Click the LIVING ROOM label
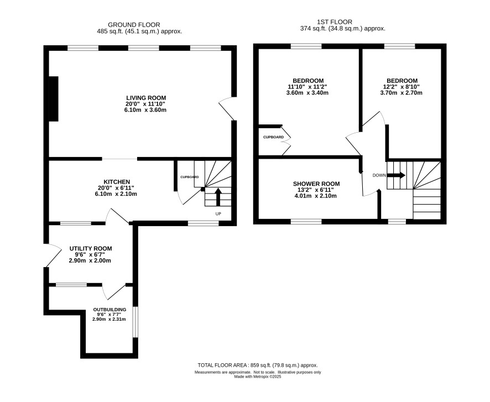(146, 98)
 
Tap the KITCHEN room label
(117, 182)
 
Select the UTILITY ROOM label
(91, 249)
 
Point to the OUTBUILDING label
(110, 310)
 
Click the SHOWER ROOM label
(316, 184)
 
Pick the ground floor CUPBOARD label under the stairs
(190, 177)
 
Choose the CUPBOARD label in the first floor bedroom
(273, 137)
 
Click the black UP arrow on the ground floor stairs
(218, 197)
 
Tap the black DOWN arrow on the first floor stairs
(396, 175)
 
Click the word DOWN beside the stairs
(379, 175)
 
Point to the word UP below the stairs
(218, 213)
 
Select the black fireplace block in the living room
(54, 99)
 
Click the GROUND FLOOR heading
(134, 25)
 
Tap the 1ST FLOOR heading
(335, 22)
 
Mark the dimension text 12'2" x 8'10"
(402, 87)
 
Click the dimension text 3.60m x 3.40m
(307, 93)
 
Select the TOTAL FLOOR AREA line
(258, 365)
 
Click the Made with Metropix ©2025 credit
(258, 377)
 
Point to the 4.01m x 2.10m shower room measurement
(316, 196)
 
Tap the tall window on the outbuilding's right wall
(135, 322)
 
